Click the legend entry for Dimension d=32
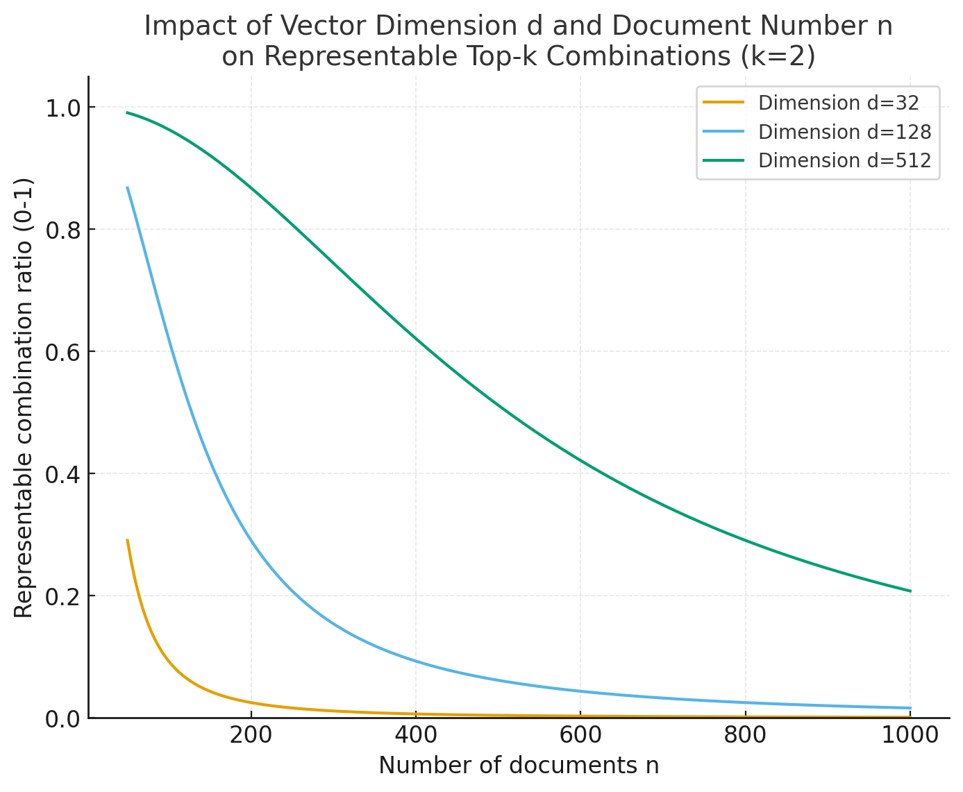pos(838,103)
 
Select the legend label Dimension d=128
pos(844,132)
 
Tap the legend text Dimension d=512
pos(844,160)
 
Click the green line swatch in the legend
pos(723,160)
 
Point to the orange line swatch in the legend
pos(723,102)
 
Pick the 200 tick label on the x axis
pos(251,735)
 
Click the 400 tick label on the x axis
pos(415,735)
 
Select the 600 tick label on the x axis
pos(580,735)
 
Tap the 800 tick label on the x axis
pos(745,735)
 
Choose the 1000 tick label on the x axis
pos(910,735)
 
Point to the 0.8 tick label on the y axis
pos(63,230)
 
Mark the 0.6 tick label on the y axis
pos(63,353)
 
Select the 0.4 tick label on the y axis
pos(63,475)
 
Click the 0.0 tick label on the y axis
pos(63,720)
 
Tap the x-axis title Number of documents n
pos(519,766)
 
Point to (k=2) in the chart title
pos(778,57)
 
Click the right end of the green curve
pos(910,591)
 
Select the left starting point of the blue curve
pos(127,187)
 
